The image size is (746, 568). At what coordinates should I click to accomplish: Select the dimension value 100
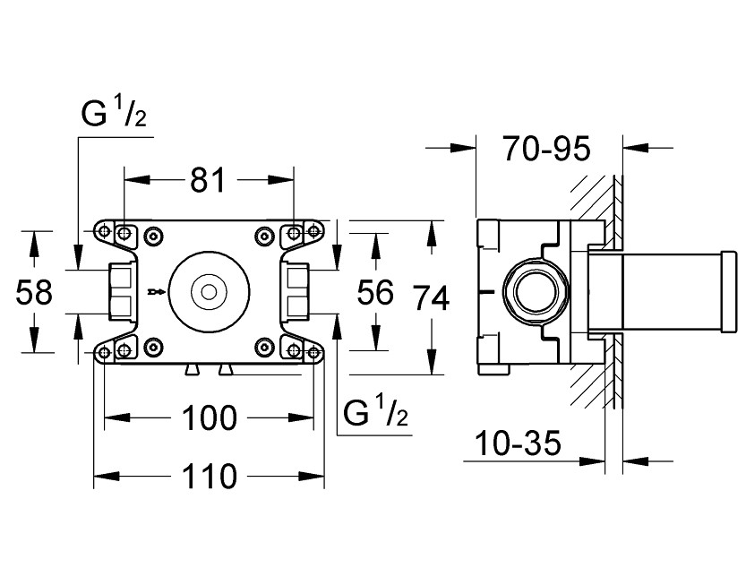click(x=209, y=417)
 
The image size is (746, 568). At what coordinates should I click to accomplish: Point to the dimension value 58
click(x=35, y=293)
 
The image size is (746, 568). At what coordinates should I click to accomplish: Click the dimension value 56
click(x=376, y=293)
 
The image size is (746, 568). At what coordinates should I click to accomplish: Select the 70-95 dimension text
click(x=546, y=149)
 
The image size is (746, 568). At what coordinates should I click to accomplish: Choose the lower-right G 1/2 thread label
click(x=377, y=413)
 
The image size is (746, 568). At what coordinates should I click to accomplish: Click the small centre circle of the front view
click(x=209, y=292)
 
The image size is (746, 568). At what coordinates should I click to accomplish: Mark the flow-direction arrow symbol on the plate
click(x=156, y=291)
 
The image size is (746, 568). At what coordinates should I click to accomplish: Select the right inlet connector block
click(x=296, y=292)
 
